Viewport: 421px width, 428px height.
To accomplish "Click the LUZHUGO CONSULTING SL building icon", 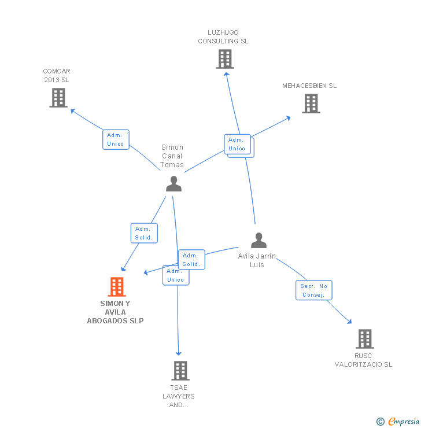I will (225, 59).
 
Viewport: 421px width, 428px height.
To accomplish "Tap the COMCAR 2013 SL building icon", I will (58, 98).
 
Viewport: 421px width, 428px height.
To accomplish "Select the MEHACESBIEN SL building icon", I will (311, 104).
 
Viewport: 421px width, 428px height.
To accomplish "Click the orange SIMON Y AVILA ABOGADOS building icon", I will (117, 287).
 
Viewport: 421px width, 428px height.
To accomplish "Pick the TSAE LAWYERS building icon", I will (180, 371).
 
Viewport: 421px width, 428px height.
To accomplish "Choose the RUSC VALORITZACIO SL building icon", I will (364, 339).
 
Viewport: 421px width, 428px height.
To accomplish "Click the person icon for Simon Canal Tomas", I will (173, 183).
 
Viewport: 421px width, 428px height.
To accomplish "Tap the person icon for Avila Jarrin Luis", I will (258, 240).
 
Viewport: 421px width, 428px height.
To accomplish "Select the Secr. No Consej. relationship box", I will (314, 290).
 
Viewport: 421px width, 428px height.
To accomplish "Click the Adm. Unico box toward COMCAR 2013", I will (116, 139).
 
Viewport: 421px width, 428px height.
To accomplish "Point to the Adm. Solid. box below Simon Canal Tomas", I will (144, 233).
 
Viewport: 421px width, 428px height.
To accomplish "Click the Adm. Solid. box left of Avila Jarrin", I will (191, 260).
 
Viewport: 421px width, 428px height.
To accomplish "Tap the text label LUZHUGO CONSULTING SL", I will (223, 37).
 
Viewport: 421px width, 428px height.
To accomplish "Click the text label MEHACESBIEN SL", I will (309, 86).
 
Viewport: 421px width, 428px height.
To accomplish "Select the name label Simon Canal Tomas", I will (172, 156).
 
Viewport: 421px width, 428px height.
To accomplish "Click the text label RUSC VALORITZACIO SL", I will (364, 360).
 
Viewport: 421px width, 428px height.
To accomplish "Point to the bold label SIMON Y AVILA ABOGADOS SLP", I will (115, 312).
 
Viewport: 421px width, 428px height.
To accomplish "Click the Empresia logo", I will (399, 422).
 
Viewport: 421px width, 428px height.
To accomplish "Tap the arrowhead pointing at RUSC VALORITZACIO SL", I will (349, 322).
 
